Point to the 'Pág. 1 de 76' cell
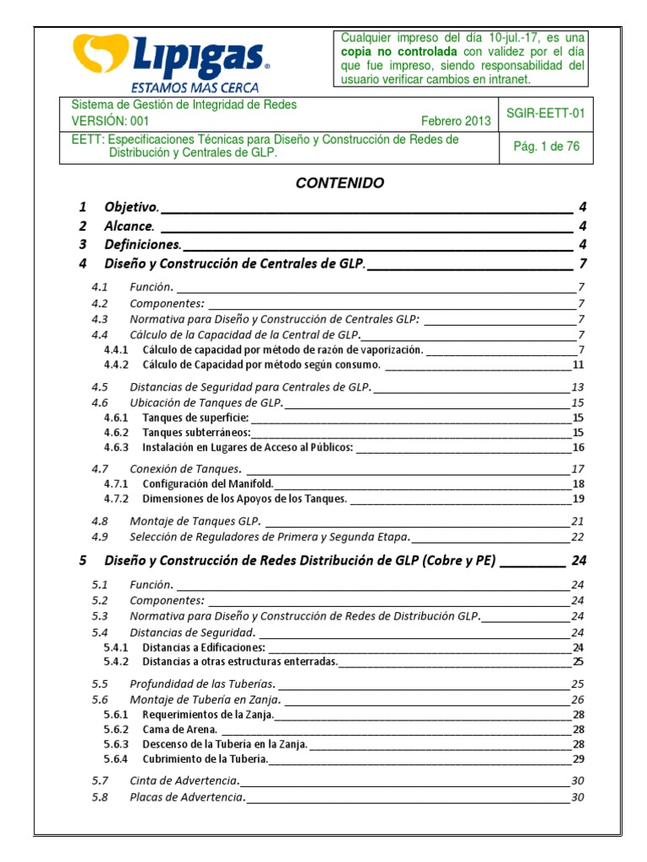point(547,146)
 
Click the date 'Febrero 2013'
point(456,120)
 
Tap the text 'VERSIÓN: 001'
point(110,120)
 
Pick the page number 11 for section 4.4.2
point(578,364)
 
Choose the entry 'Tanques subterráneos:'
point(196,433)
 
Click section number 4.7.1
point(115,484)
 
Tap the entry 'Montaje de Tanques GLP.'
point(195,521)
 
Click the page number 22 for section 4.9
point(577,537)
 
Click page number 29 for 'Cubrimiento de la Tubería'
point(578,759)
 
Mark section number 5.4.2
point(115,662)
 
